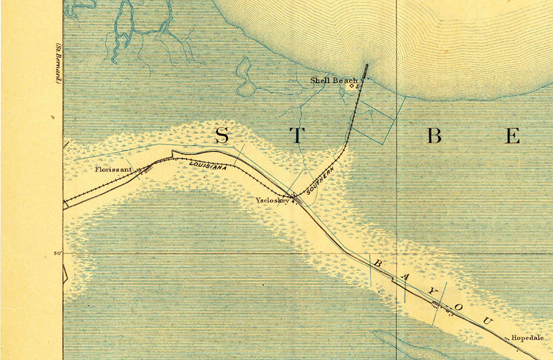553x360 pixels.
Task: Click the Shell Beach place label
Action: (x=334, y=80)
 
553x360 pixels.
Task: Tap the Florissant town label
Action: (x=115, y=168)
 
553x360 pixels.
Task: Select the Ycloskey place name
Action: (x=272, y=200)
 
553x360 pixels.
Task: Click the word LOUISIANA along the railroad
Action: (x=208, y=165)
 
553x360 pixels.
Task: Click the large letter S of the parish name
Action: (x=222, y=136)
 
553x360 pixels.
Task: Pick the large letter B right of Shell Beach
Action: (x=434, y=136)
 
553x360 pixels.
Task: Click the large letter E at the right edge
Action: (x=512, y=136)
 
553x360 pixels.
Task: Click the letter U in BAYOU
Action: (x=487, y=321)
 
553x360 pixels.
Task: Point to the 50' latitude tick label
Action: (x=58, y=253)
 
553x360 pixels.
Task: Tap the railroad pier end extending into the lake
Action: (x=367, y=66)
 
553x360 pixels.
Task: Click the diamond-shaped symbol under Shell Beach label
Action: (x=352, y=87)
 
